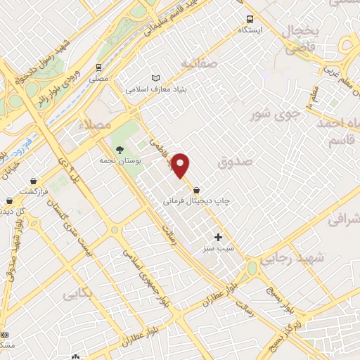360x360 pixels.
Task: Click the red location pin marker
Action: coord(181,165)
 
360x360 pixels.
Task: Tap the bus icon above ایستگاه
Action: coord(250,19)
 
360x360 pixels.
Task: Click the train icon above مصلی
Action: coord(98,68)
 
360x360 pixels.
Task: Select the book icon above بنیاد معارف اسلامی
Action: coord(155,78)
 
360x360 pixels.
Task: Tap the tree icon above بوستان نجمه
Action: coord(120,149)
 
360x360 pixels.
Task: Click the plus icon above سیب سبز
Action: coord(218,238)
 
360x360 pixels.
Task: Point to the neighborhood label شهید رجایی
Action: coord(292,259)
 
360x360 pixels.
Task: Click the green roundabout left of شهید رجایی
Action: coord(252,268)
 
